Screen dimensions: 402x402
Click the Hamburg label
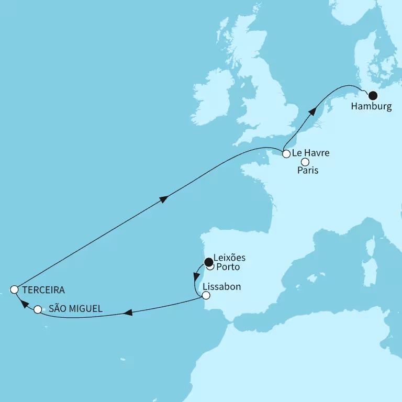click(x=372, y=107)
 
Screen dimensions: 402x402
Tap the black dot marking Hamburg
click(x=373, y=95)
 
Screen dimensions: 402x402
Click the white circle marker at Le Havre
click(x=286, y=154)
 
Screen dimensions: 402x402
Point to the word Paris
click(x=308, y=171)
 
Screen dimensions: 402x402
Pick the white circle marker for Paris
click(x=305, y=162)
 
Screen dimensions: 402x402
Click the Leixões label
click(x=230, y=259)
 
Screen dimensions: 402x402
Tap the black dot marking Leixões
click(x=209, y=262)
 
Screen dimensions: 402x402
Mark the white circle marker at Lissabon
click(x=206, y=296)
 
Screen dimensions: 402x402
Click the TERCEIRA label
click(x=44, y=289)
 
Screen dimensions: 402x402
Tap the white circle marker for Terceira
click(x=15, y=289)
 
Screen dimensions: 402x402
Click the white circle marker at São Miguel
click(x=37, y=310)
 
